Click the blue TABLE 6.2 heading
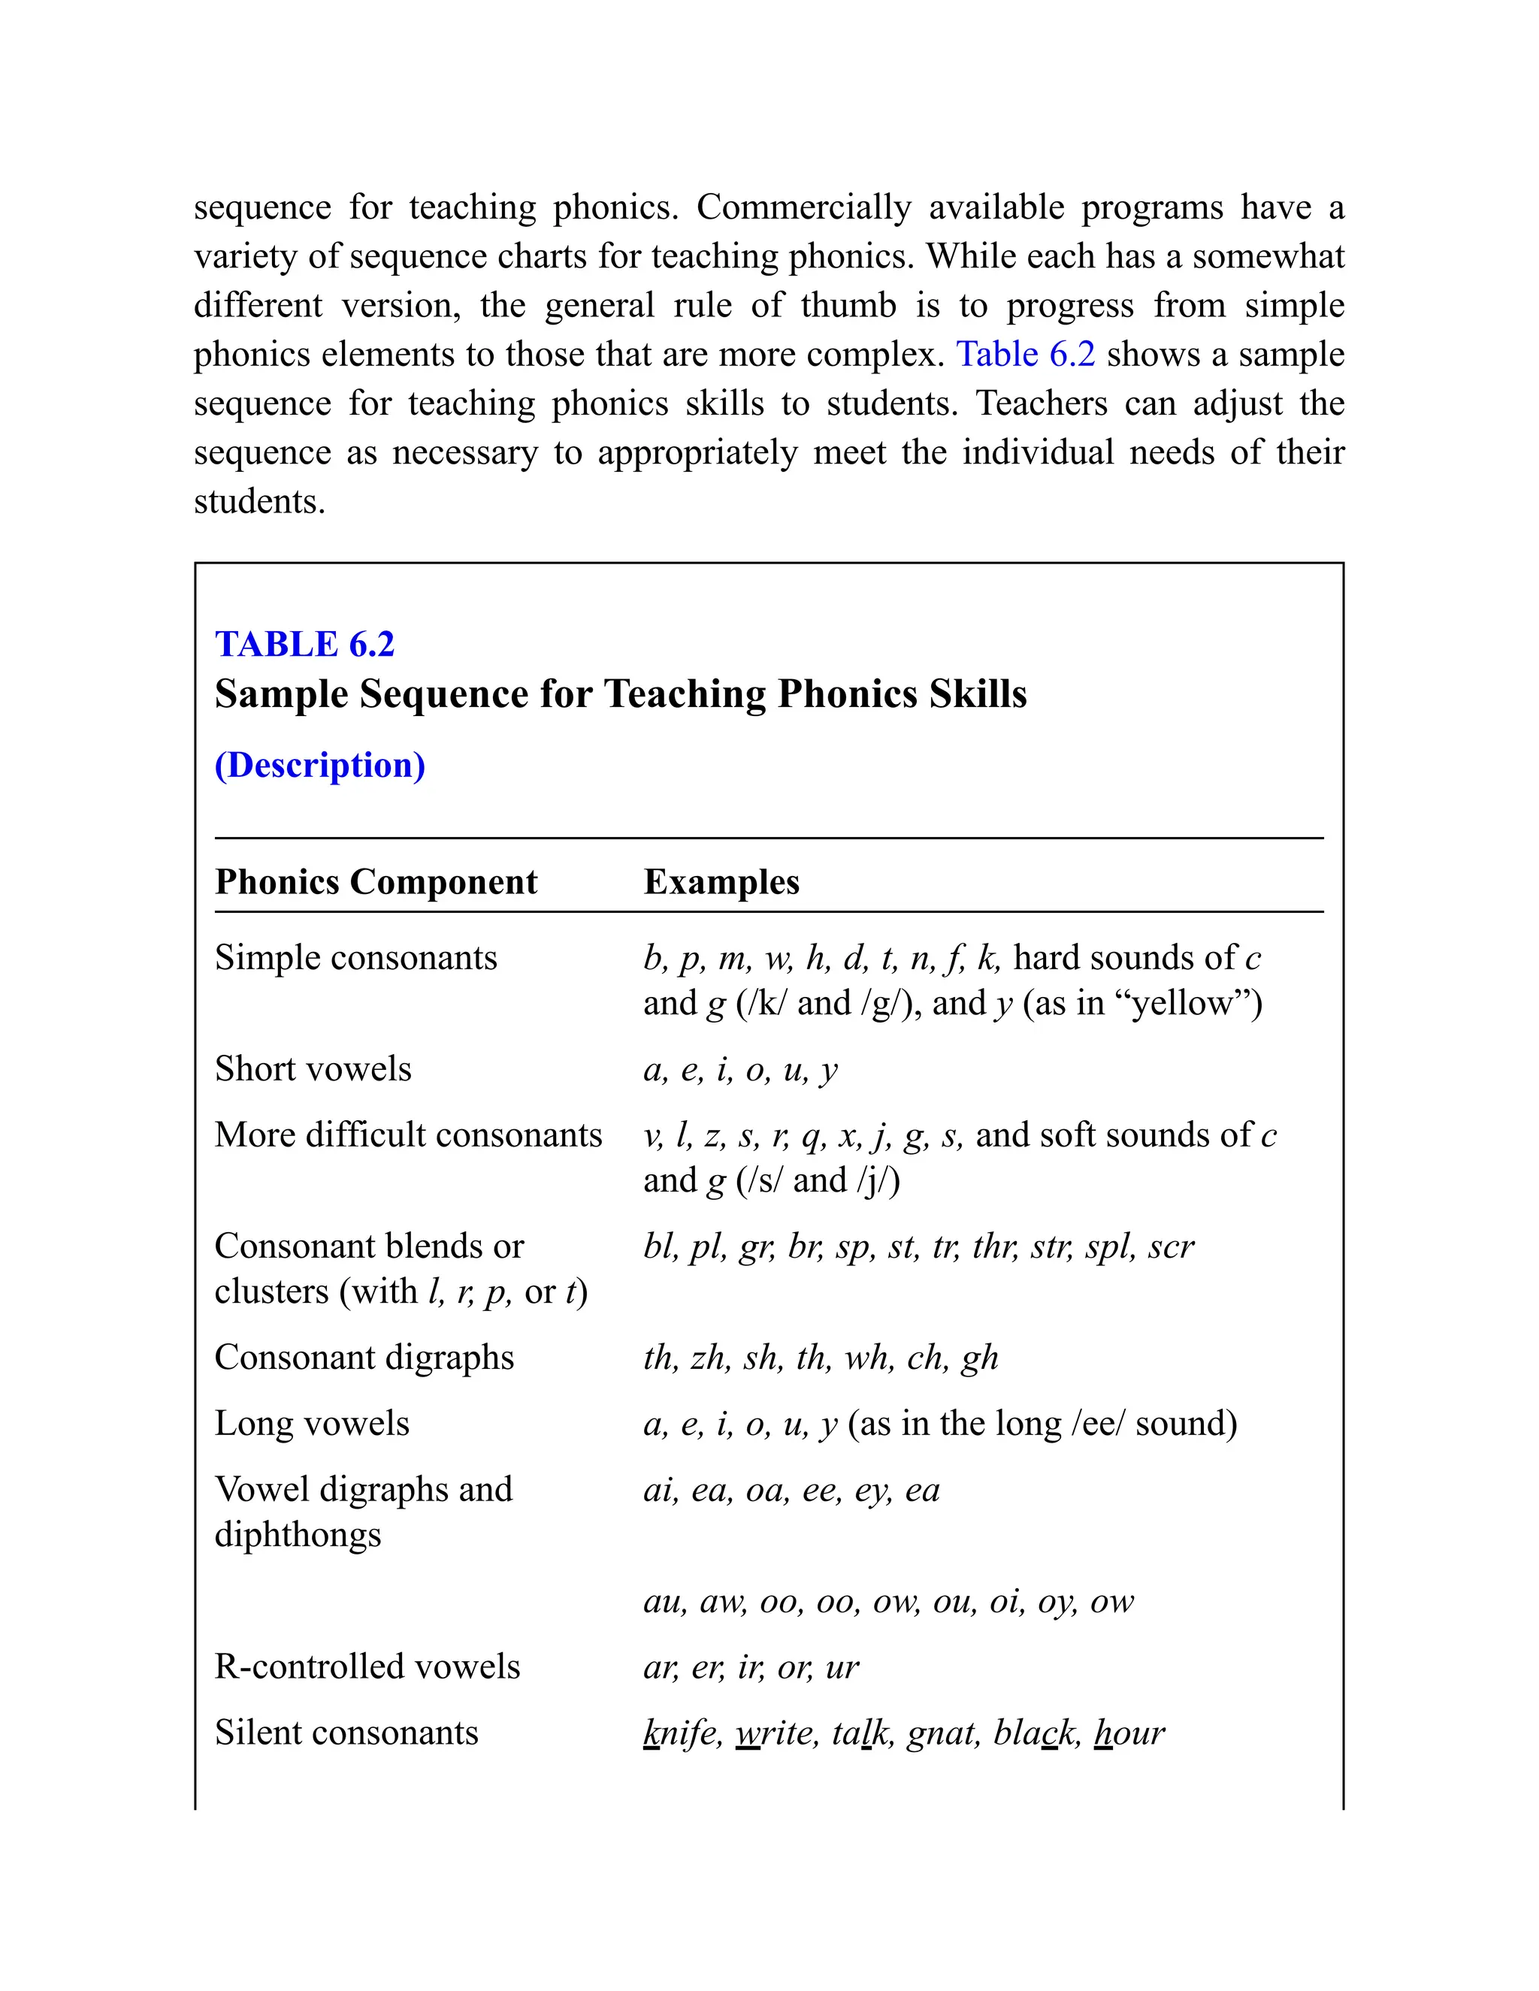tap(304, 645)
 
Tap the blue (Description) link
tap(320, 765)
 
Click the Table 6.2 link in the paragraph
tap(1025, 355)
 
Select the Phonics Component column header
tap(376, 881)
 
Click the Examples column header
tap(721, 881)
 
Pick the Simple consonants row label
tap(355, 958)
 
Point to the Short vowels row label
tap(313, 1069)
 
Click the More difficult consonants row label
tap(409, 1135)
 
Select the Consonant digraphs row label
tap(364, 1358)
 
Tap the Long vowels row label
tap(312, 1423)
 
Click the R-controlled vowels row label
tap(367, 1666)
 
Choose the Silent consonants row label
tap(346, 1732)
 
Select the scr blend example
tap(1171, 1246)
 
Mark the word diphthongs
tap(298, 1535)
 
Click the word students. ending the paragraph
tap(259, 501)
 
